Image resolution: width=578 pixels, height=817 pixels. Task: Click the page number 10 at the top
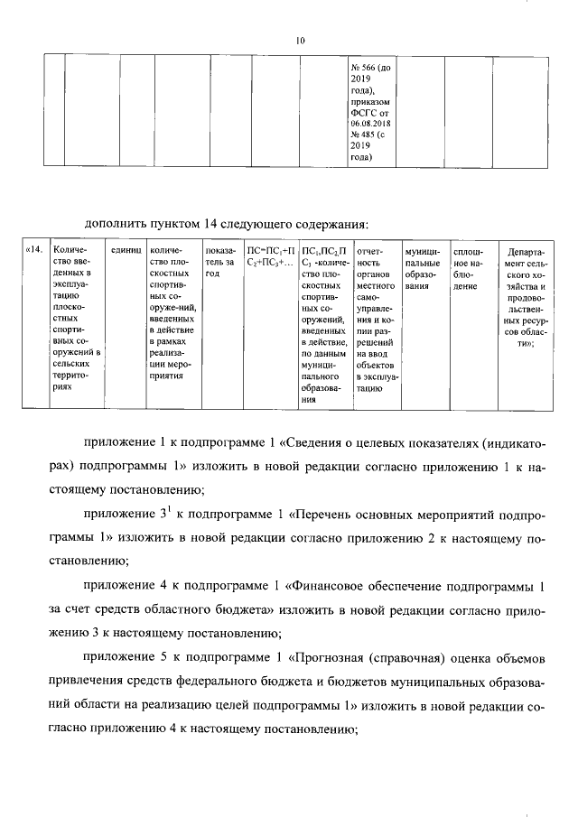pos(301,39)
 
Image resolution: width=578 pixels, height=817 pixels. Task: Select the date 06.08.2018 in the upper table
pos(369,125)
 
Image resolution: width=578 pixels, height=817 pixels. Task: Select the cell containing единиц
pos(126,250)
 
